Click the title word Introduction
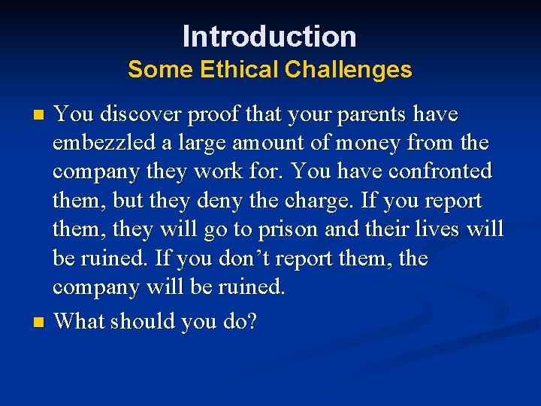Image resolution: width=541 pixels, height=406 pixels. (x=270, y=36)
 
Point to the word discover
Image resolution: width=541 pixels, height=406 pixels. (x=131, y=115)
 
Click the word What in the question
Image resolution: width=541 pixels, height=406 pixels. (x=80, y=322)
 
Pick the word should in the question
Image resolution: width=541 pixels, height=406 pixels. (x=139, y=322)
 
